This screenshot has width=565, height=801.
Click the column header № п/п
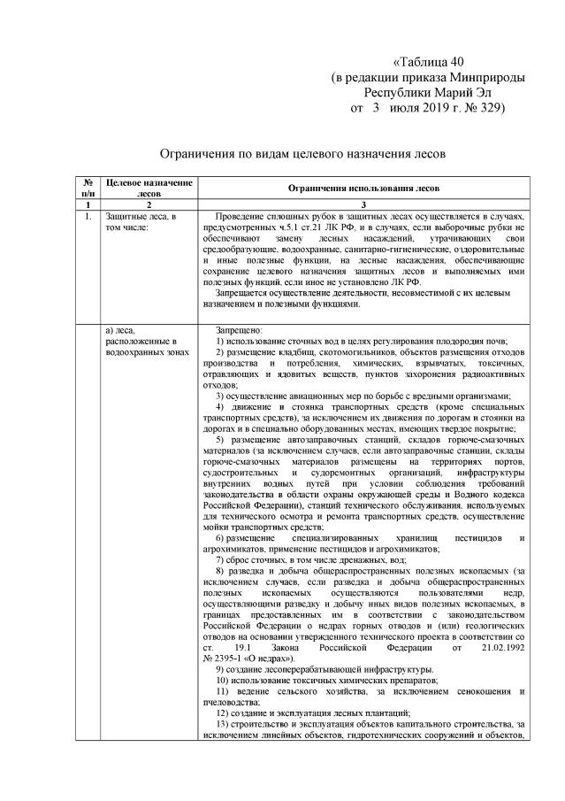[x=88, y=187]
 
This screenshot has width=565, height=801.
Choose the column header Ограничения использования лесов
[x=363, y=188]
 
